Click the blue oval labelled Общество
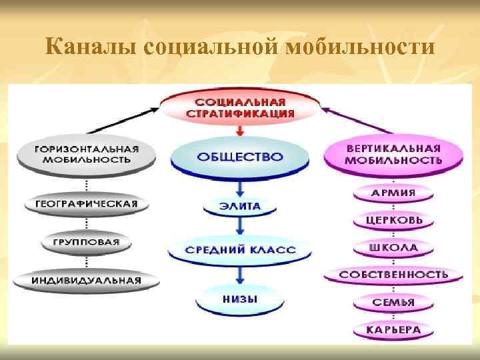[240, 158]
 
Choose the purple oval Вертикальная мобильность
[393, 154]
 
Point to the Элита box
[240, 207]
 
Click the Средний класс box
[240, 251]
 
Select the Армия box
[393, 193]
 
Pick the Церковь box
[393, 220]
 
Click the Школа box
[393, 247]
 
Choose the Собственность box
[393, 274]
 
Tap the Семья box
[393, 302]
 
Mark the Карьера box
[393, 329]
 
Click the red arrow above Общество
[240, 132]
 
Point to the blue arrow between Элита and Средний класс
[240, 227]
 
